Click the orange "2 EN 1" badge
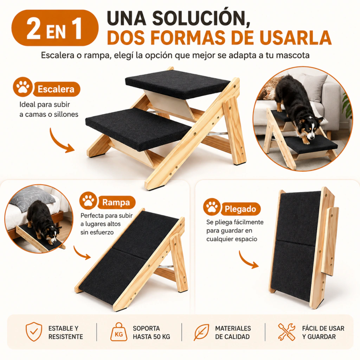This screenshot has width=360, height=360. coord(55,28)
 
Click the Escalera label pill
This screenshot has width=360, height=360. coord(57,89)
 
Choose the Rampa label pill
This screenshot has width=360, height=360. coord(116,202)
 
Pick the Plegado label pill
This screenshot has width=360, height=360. coord(240,209)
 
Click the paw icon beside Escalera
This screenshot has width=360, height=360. coord(22,87)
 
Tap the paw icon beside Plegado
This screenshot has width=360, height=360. coord(212,207)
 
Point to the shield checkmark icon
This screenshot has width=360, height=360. coord(34,332)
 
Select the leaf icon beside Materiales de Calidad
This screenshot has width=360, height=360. coord(201,332)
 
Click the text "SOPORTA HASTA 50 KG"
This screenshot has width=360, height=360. coord(151,333)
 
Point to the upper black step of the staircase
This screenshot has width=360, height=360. coord(177,84)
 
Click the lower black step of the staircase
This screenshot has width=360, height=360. coord(139,130)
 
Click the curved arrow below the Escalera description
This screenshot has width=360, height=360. coord(61,141)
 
